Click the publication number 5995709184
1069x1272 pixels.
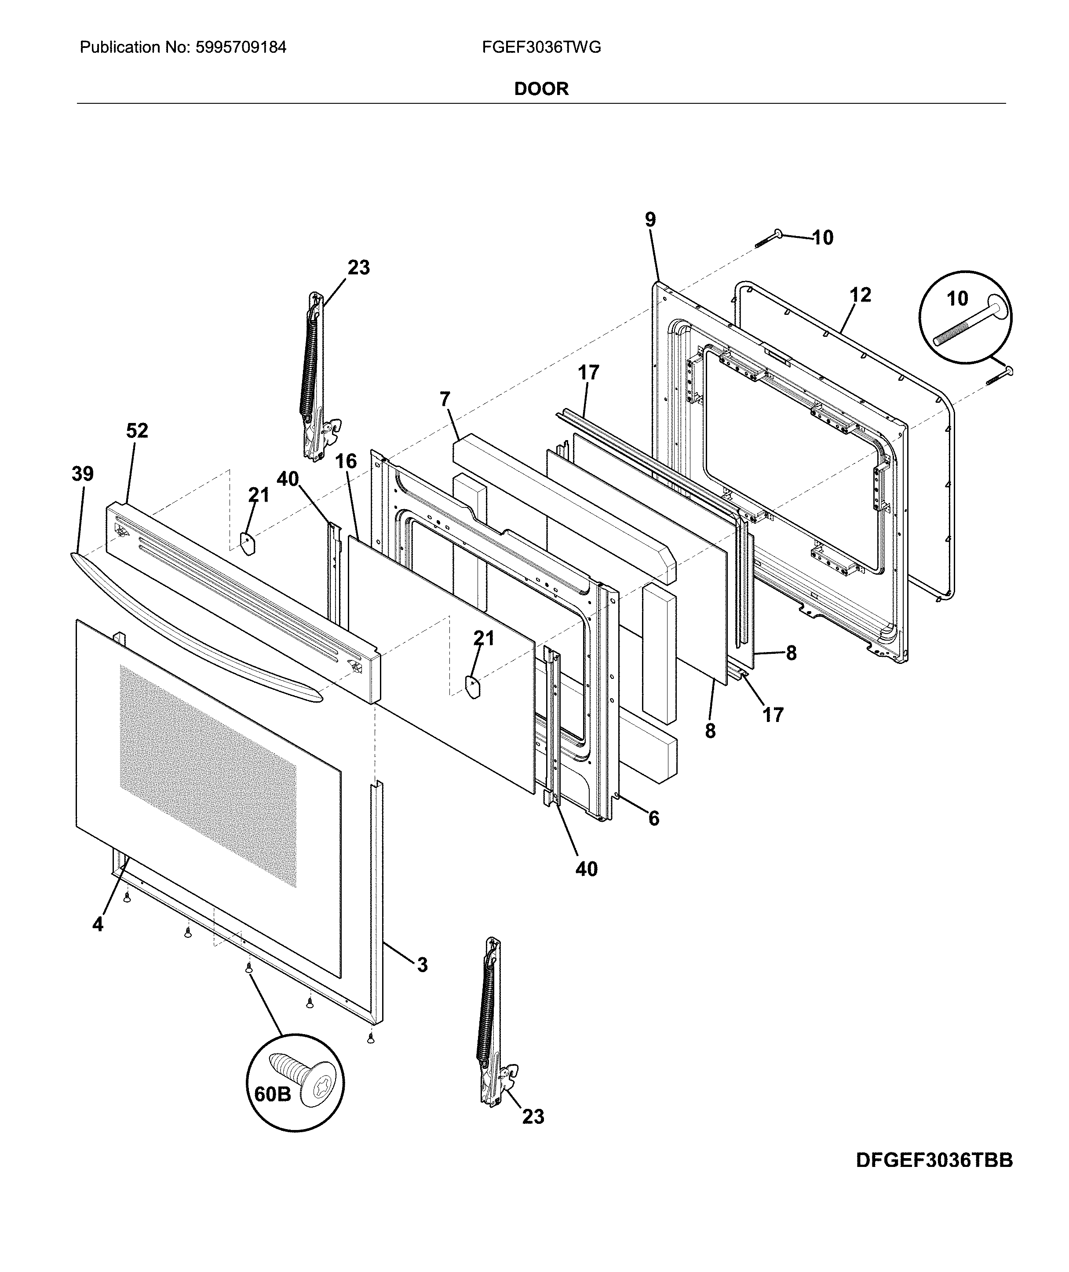click(241, 47)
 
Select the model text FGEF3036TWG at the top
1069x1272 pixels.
click(541, 47)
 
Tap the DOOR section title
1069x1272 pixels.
click(541, 89)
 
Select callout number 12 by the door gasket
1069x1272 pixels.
click(860, 295)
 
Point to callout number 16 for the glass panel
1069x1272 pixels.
click(346, 461)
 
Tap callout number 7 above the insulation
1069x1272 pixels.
click(445, 399)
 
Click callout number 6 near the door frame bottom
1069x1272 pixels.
click(653, 819)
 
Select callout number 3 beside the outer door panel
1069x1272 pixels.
click(423, 965)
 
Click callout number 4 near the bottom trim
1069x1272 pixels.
click(98, 924)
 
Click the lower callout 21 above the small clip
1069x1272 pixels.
click(484, 638)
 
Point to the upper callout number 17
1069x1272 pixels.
click(588, 372)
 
